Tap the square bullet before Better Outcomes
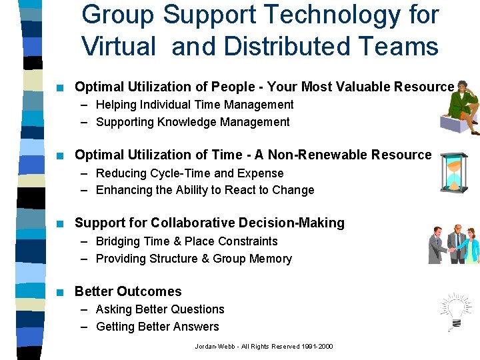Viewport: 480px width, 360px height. [x=60, y=292]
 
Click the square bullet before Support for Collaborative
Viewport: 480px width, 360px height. [x=60, y=223]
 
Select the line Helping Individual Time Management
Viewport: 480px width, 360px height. [x=194, y=105]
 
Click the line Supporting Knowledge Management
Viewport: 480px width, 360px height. [x=193, y=122]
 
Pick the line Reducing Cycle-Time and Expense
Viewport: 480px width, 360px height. [x=189, y=173]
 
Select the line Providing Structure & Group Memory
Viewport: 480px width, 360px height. [x=193, y=259]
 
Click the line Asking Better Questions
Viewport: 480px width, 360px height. [x=160, y=309]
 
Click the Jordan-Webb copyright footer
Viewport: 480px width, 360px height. [x=263, y=346]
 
